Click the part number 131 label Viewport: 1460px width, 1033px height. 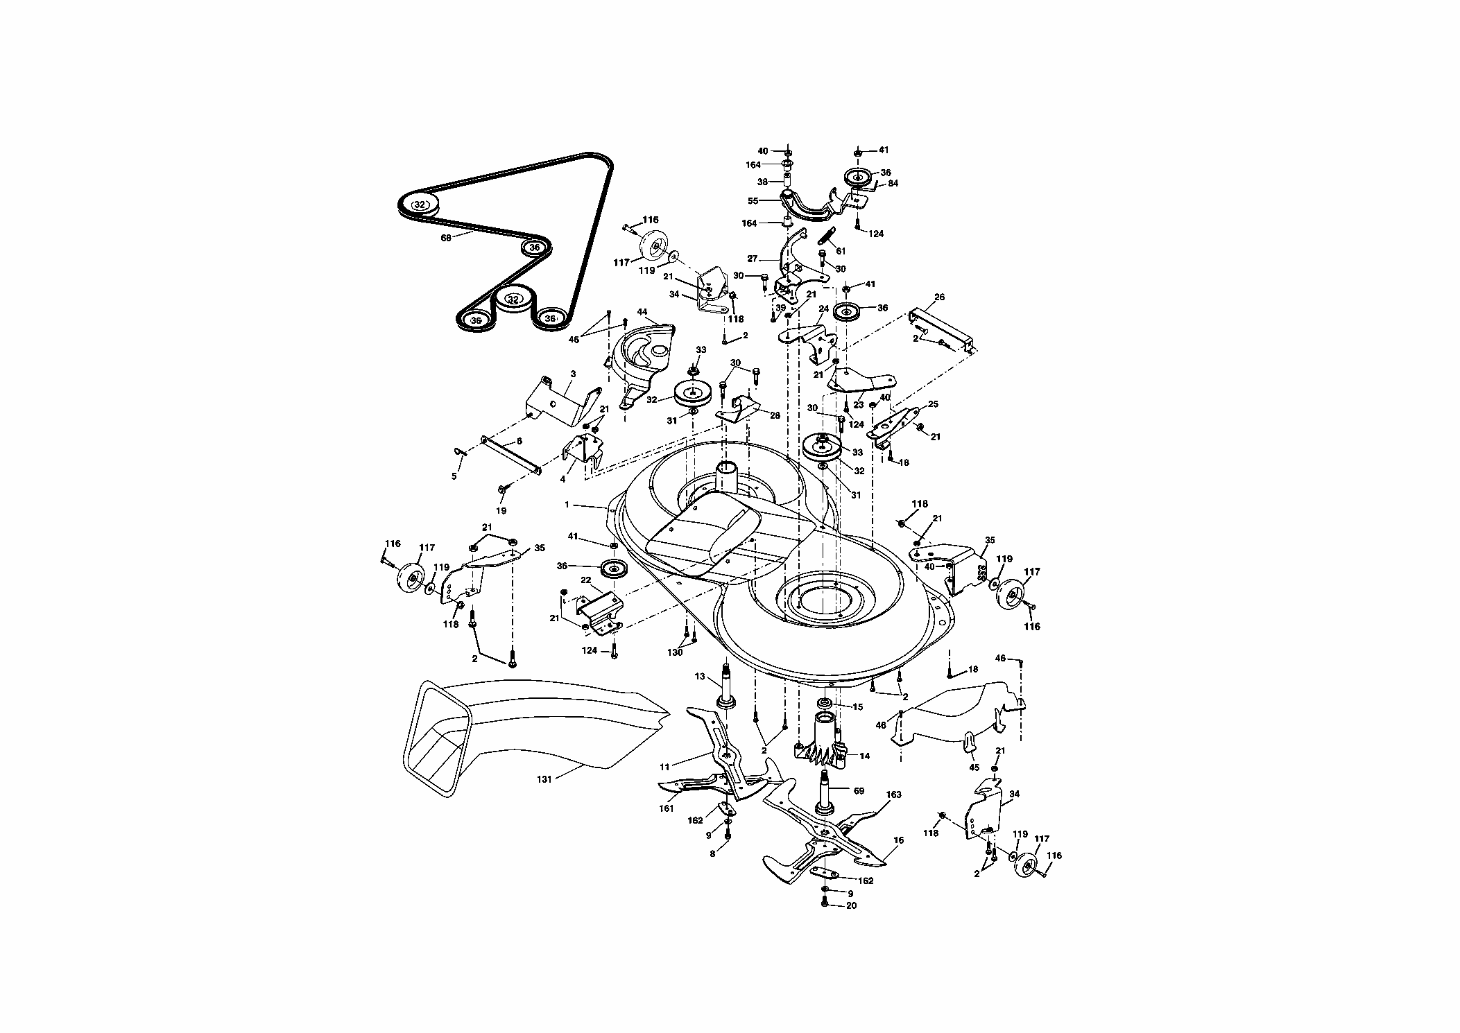(x=544, y=779)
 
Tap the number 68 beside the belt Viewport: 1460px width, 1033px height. (x=445, y=237)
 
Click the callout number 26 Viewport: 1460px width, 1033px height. (x=939, y=298)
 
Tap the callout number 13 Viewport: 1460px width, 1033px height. (x=699, y=676)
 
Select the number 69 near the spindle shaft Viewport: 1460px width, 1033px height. (x=859, y=791)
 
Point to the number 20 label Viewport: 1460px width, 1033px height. (x=852, y=905)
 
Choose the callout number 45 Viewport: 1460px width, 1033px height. (x=974, y=767)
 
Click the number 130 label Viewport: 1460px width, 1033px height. (x=675, y=652)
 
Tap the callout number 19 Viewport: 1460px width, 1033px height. (x=501, y=511)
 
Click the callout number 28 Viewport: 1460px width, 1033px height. (x=775, y=415)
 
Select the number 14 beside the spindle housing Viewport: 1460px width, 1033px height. (x=864, y=756)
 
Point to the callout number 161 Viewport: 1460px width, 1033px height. (x=666, y=808)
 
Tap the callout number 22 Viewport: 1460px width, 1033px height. (x=585, y=580)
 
